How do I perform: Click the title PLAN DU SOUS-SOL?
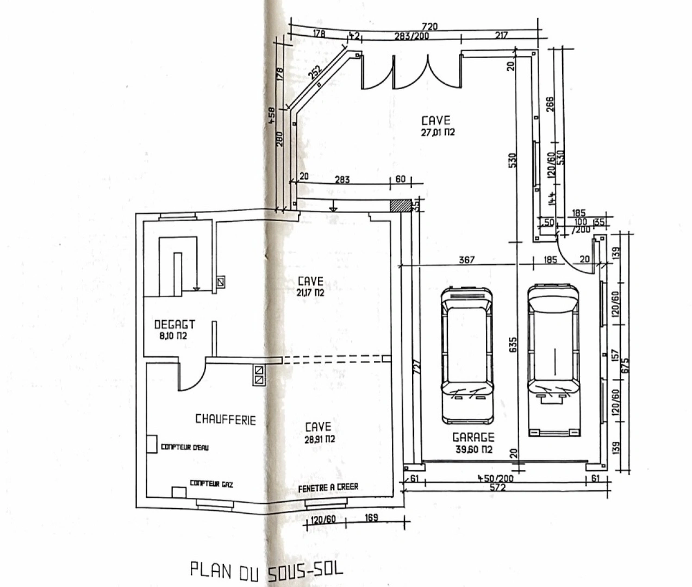(267, 571)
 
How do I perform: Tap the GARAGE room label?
(474, 438)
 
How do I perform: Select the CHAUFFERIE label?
(225, 419)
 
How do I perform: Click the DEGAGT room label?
(174, 324)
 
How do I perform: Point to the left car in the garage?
(467, 355)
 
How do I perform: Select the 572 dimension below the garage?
(497, 488)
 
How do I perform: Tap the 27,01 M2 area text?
(438, 132)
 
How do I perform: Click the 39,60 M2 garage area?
(474, 449)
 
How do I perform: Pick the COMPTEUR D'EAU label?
(184, 447)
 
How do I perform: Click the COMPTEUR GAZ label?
(211, 483)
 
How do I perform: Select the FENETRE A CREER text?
(328, 488)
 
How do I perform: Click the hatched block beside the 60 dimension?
(401, 205)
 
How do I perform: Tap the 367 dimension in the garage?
(466, 260)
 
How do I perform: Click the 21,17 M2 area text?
(310, 292)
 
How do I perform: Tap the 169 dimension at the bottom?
(371, 518)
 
